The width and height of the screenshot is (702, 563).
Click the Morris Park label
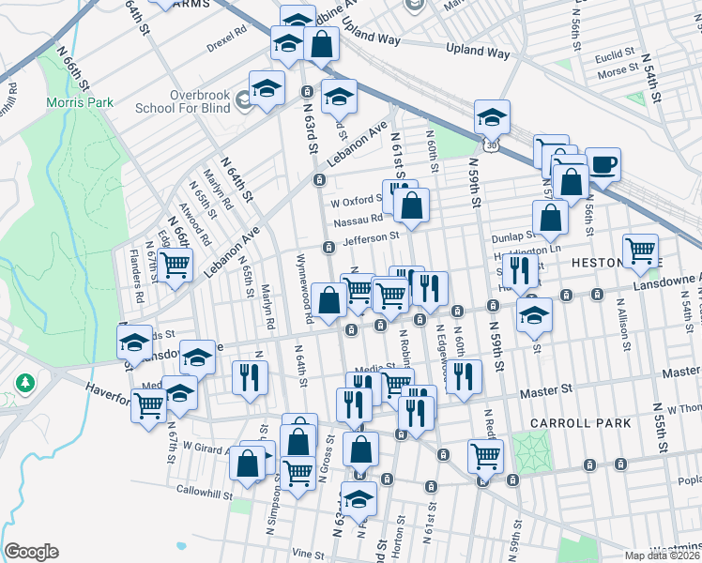click(82, 101)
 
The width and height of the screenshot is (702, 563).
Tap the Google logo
click(31, 552)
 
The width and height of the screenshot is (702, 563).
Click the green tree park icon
click(25, 384)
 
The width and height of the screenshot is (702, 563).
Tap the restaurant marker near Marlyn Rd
click(249, 378)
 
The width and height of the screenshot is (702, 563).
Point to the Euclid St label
click(616, 55)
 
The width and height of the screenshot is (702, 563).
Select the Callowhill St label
click(204, 492)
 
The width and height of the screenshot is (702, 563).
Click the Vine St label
click(302, 555)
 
